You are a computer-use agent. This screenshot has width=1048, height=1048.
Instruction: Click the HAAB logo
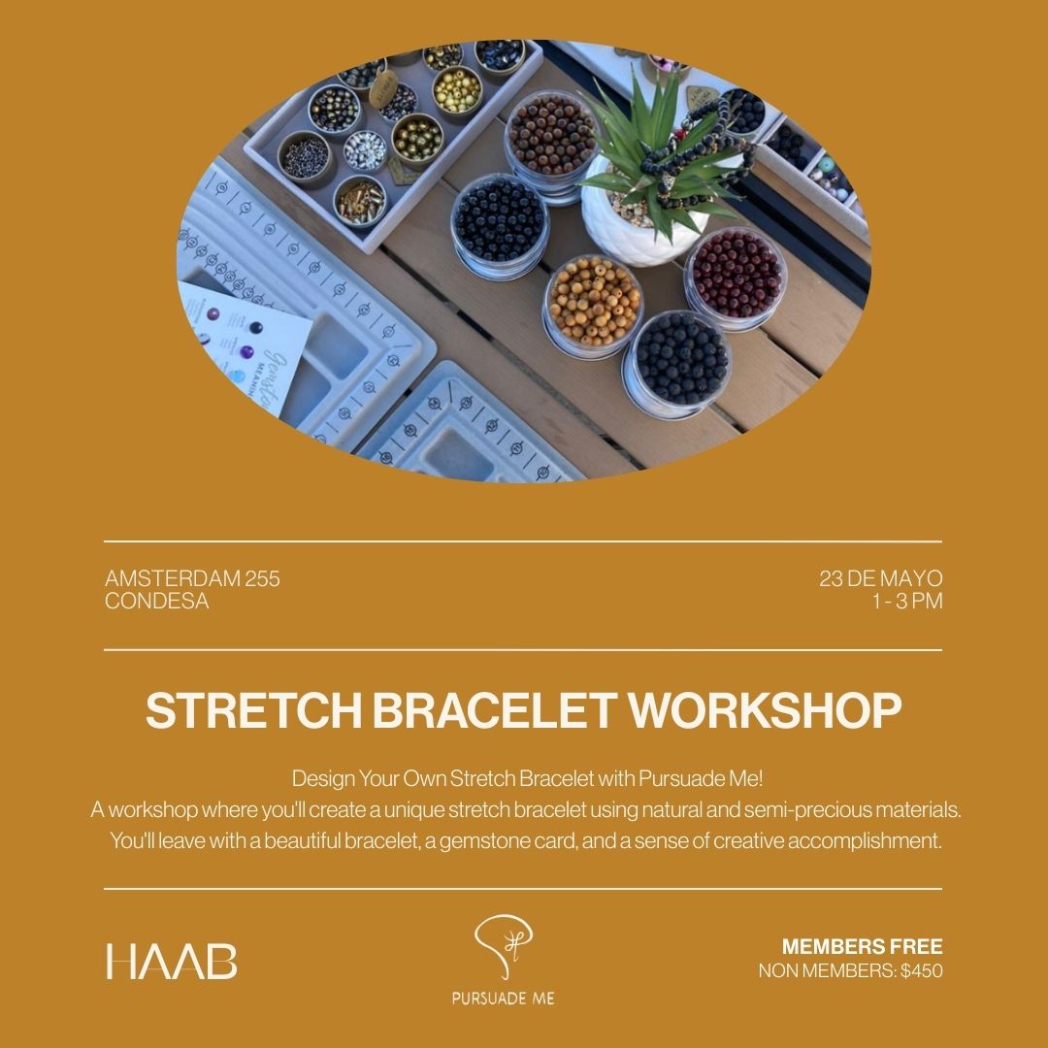tap(172, 961)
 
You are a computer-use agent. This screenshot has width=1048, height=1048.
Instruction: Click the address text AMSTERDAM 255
tap(192, 578)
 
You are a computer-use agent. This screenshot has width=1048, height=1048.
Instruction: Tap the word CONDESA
tap(157, 601)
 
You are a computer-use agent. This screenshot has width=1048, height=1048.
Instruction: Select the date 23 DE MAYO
tap(881, 578)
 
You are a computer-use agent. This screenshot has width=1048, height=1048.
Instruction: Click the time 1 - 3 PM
tap(907, 601)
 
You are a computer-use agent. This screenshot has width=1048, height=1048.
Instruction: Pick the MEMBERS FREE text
tap(863, 946)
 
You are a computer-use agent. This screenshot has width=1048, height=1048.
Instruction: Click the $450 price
tap(922, 970)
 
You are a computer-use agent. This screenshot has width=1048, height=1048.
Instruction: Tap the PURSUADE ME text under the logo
tap(504, 999)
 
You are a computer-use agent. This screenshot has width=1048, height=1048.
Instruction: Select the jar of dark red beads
tap(736, 277)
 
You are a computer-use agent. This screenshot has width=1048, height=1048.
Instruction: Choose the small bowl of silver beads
tap(365, 150)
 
